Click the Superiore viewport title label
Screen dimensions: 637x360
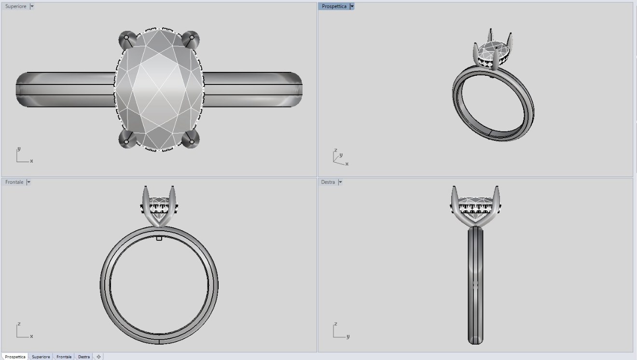coord(15,6)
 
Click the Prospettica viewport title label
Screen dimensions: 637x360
coord(334,6)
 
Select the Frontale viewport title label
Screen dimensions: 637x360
coord(14,182)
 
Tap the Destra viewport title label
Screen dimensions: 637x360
coord(328,182)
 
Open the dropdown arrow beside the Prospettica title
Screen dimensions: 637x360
coord(352,6)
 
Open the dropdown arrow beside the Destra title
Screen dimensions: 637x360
coord(340,182)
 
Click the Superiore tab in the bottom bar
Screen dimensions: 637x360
coord(41,357)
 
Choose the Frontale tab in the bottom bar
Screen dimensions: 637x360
coord(64,357)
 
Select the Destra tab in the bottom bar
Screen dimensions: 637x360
coord(84,357)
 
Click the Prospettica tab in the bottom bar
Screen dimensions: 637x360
coord(15,357)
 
